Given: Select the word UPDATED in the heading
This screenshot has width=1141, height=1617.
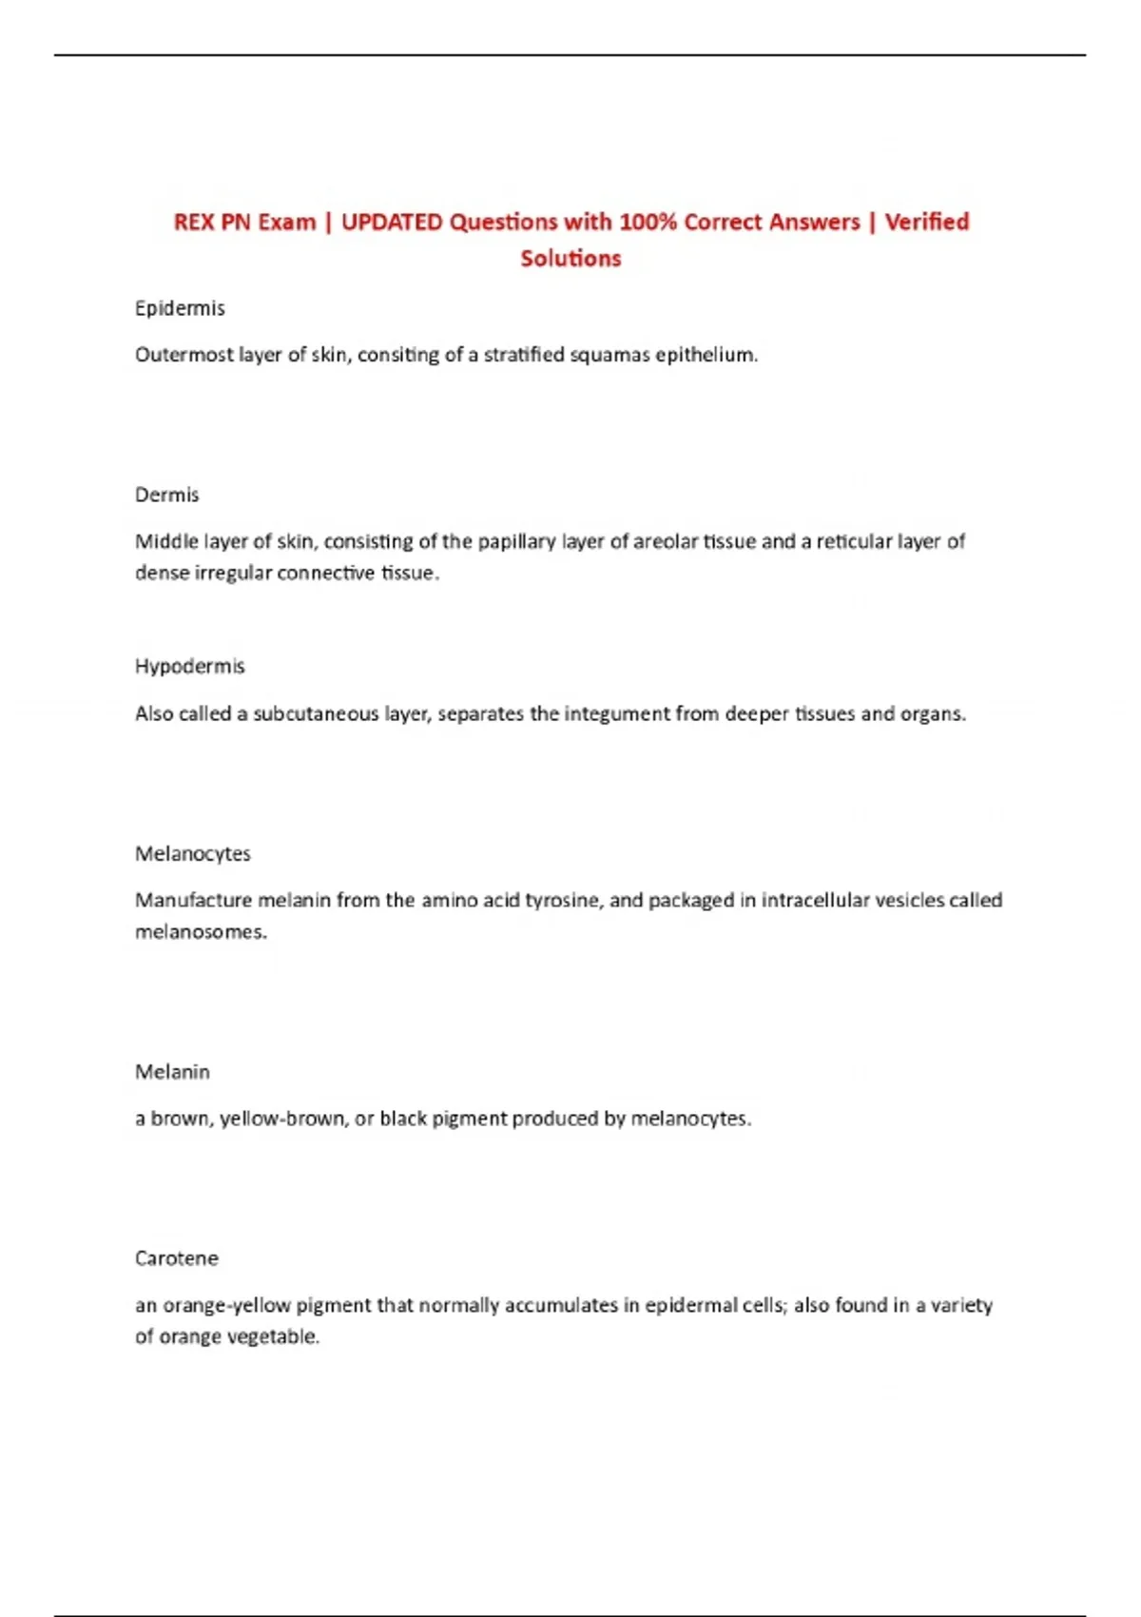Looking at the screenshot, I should (392, 223).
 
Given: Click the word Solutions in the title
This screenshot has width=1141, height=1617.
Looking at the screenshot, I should (570, 259).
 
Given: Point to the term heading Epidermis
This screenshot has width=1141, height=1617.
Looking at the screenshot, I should (180, 308).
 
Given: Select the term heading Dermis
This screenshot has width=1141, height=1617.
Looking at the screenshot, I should (167, 495).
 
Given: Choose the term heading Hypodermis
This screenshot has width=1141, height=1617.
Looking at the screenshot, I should (190, 666).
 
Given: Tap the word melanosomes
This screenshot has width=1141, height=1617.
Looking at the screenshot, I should (201, 932).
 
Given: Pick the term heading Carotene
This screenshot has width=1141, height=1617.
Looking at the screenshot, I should (177, 1258).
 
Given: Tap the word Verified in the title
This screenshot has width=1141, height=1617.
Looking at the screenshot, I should (927, 223).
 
